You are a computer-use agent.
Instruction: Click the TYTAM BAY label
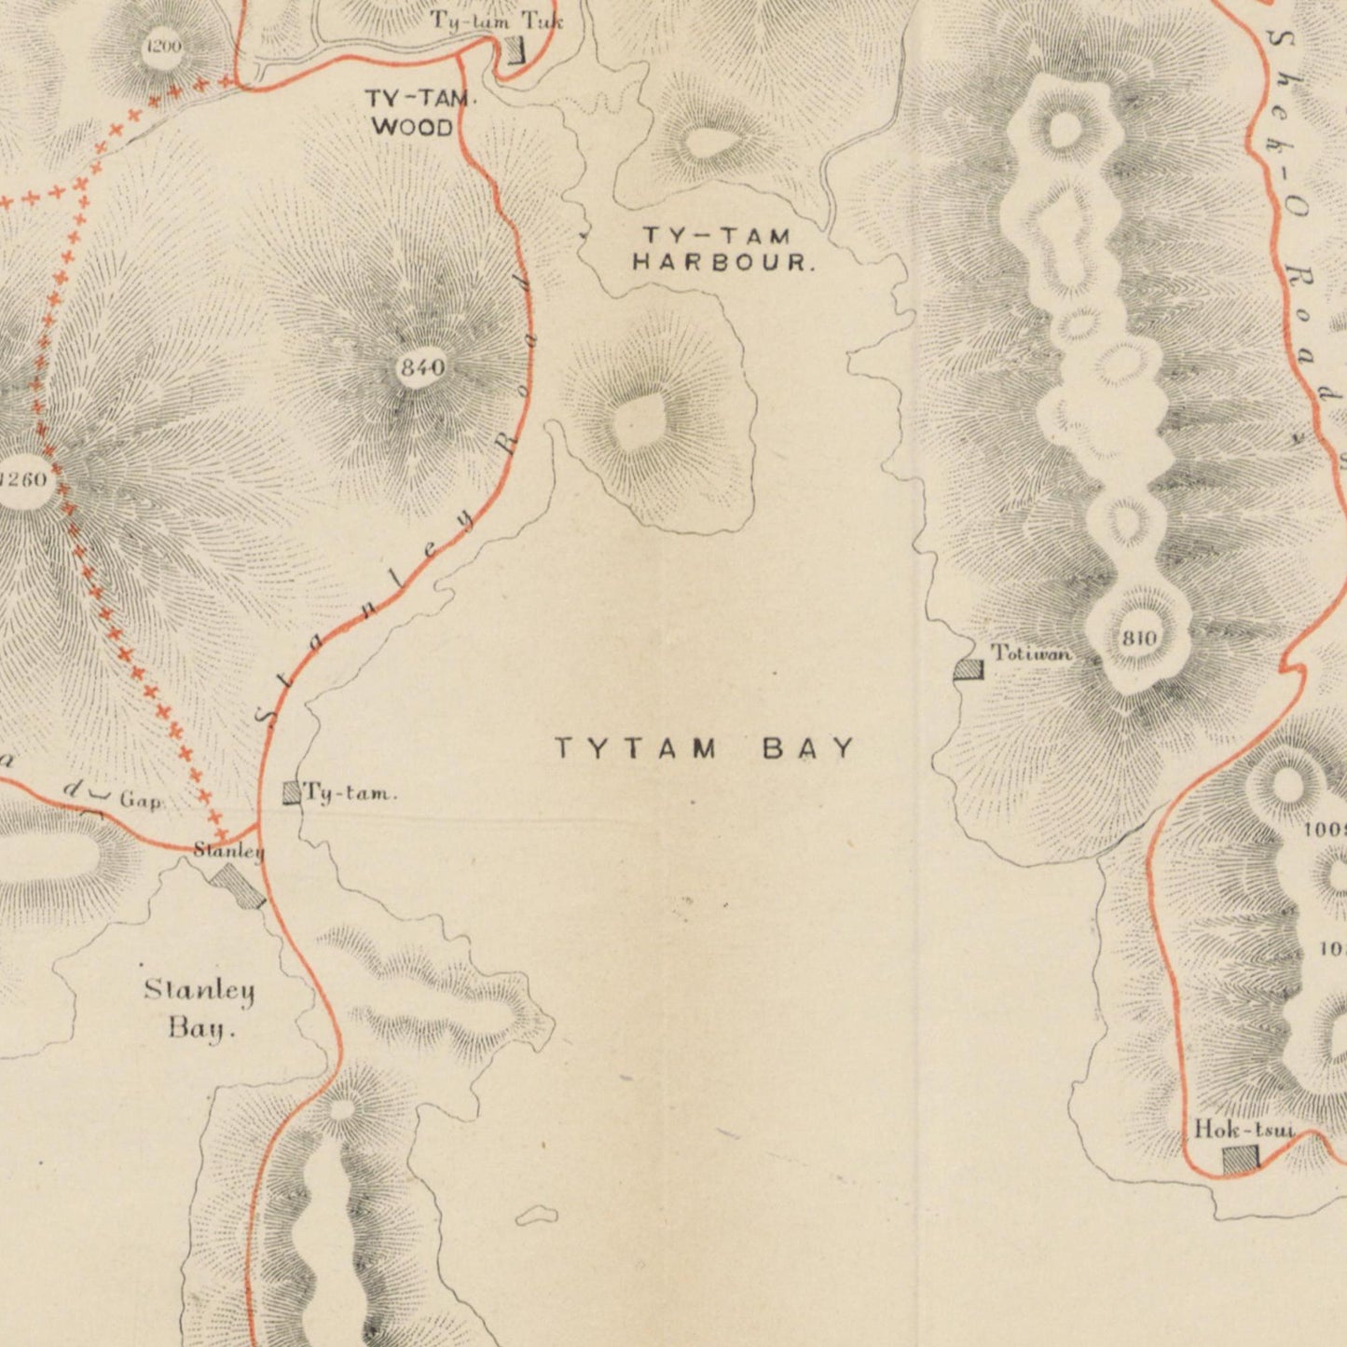(705, 749)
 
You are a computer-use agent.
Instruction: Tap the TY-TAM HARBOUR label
(723, 250)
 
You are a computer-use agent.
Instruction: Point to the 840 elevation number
(421, 367)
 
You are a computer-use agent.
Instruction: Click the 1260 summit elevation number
(22, 480)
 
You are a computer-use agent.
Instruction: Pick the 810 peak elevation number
(1138, 639)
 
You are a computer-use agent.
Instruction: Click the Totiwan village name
(1031, 653)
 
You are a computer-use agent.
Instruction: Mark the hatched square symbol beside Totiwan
(969, 669)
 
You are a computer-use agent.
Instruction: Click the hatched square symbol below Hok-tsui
(1241, 1159)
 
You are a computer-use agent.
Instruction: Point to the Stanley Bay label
(199, 1009)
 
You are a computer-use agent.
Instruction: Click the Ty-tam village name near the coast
(351, 794)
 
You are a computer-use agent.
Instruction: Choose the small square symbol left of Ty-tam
(292, 793)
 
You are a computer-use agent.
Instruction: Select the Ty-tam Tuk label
(496, 21)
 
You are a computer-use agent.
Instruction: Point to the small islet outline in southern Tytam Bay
(536, 1215)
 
